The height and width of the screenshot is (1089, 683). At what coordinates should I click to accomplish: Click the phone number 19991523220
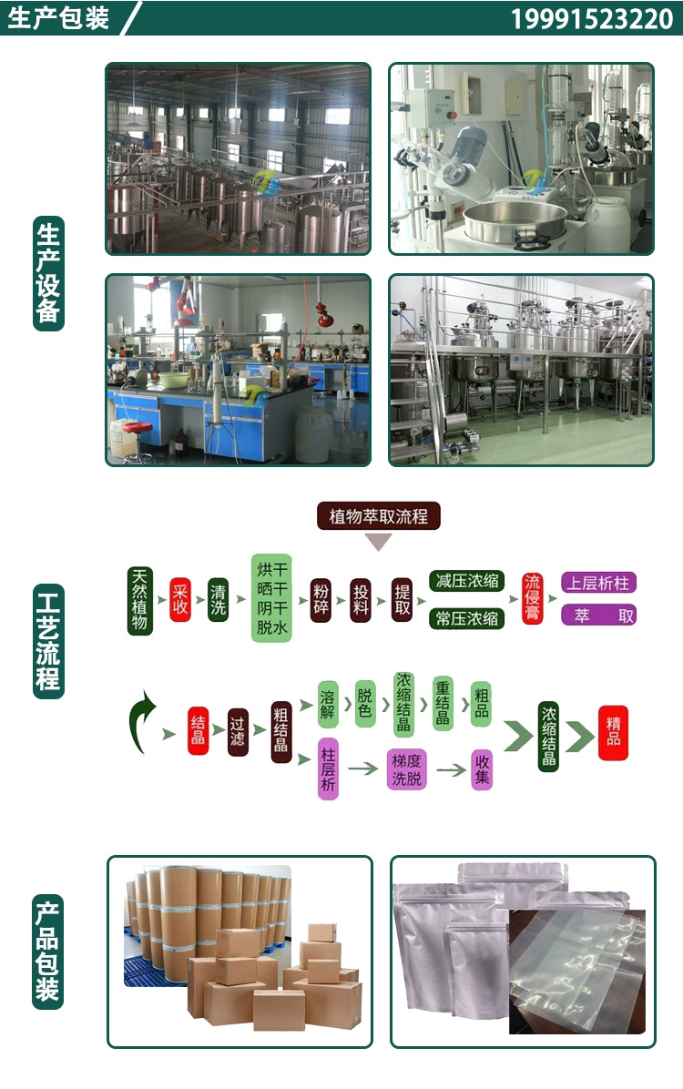(591, 19)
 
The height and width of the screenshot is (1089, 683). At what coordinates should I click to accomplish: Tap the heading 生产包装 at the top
(58, 18)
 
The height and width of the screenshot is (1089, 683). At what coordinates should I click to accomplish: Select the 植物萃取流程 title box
(378, 516)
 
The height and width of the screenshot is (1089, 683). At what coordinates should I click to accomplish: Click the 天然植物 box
(139, 600)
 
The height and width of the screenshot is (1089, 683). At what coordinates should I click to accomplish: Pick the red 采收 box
(180, 599)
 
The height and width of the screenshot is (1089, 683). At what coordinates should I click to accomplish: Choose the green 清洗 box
(218, 599)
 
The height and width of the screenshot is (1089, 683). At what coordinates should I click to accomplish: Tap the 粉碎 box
(320, 599)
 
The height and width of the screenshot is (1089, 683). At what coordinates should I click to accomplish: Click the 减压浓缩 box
(466, 581)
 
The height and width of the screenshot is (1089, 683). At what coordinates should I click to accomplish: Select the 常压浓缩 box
(466, 619)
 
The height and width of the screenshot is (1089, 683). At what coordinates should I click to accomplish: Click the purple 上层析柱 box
(598, 583)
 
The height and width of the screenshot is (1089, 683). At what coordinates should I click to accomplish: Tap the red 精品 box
(613, 731)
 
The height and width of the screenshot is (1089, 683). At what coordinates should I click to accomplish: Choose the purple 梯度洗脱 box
(406, 769)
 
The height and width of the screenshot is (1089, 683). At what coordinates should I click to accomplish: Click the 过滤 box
(238, 731)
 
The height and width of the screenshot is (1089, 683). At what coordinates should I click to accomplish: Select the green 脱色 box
(364, 703)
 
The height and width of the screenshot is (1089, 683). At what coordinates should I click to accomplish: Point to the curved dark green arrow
(140, 720)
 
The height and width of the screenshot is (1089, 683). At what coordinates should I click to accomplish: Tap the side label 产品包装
(48, 949)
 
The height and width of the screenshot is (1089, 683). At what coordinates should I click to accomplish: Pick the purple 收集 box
(482, 769)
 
